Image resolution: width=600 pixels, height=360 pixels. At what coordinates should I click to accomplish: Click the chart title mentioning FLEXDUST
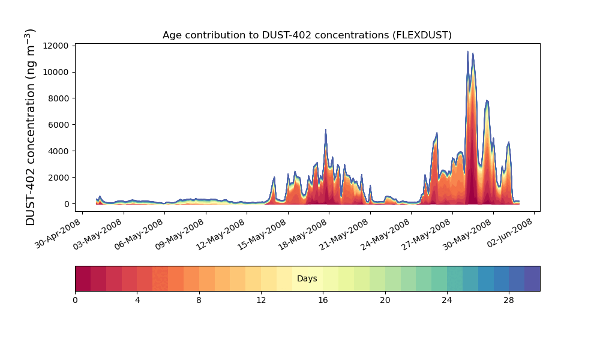[307, 35]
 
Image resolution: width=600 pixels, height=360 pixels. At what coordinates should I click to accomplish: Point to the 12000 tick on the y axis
[58, 46]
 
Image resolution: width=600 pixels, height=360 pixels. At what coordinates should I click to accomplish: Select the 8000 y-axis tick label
[60, 98]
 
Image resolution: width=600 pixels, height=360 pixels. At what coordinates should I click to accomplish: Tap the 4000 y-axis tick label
[60, 151]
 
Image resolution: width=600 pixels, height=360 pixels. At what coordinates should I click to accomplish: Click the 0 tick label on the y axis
[67, 204]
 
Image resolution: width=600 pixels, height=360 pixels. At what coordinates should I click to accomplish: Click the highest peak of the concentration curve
[468, 52]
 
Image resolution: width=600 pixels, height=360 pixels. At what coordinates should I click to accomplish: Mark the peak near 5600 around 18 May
[326, 130]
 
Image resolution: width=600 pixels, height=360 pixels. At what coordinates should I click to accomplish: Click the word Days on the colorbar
[307, 279]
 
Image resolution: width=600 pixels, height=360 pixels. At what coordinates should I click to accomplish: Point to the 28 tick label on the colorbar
[509, 300]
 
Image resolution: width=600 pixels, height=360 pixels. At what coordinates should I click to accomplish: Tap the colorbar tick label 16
[323, 300]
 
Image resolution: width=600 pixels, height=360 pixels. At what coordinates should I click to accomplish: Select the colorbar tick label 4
[137, 300]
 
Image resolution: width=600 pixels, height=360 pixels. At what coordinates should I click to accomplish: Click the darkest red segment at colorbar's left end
[83, 278]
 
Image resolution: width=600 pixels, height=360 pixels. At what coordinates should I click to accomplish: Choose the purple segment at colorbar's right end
[532, 278]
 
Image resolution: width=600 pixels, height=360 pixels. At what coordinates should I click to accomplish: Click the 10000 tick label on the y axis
[58, 72]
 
